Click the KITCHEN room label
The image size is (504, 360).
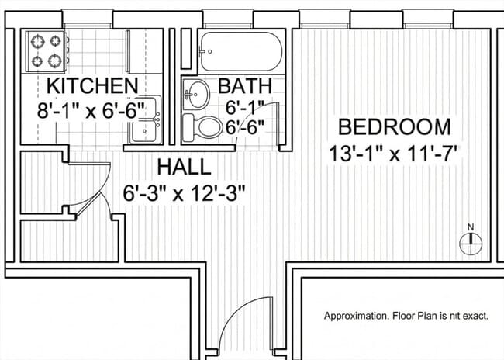point(92,85)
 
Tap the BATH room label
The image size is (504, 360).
point(245,85)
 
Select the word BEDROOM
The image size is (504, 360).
point(395,126)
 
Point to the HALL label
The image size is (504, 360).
point(185,168)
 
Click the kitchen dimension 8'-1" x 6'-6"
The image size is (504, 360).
point(91,111)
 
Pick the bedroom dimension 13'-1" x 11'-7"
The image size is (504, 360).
point(393,154)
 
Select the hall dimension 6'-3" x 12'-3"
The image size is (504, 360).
point(185,193)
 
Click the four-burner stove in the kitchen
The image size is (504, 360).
point(47,51)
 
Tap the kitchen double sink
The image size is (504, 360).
point(145,119)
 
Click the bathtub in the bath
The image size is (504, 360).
point(241,51)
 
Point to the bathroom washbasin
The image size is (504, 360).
point(195,95)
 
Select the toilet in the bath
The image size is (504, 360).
point(202,127)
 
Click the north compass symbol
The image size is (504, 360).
point(471,244)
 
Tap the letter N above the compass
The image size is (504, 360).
point(471,227)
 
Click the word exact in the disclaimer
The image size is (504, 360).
point(476,317)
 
